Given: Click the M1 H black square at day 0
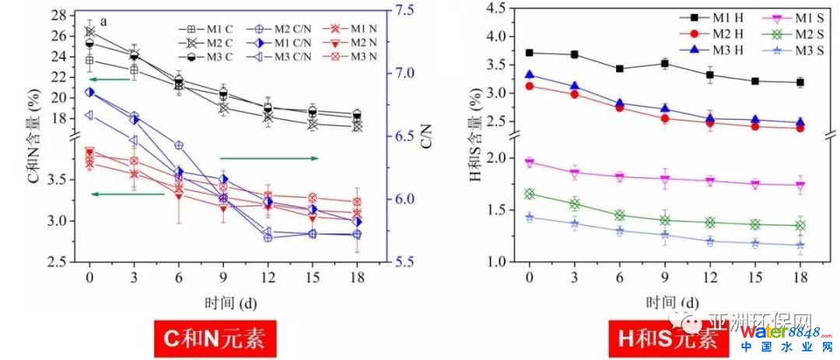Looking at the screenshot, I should pos(530,53).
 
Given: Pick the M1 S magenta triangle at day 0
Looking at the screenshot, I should pos(530,163).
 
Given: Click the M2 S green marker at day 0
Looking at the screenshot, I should pos(530,194).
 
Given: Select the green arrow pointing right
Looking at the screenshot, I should pos(269,158).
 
